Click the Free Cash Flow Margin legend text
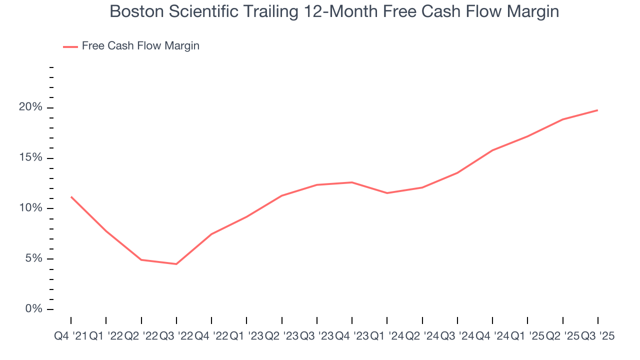coord(140,46)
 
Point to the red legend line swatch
coord(70,46)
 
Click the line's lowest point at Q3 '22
coord(176,264)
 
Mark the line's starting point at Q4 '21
coord(71,196)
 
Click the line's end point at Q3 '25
coord(598,110)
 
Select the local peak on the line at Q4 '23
coord(352,182)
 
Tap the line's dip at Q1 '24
coord(387,193)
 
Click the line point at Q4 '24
coord(492,150)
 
